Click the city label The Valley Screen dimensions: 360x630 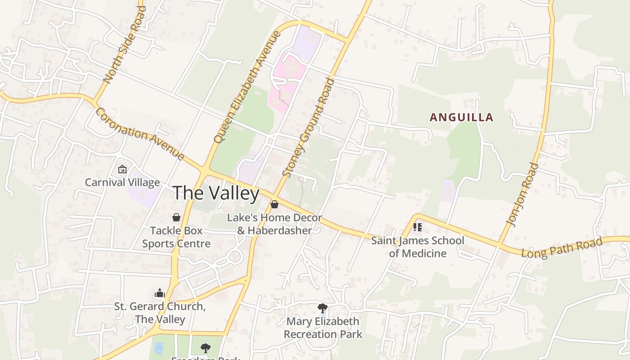pos(216,193)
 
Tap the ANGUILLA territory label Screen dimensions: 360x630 pos(461,117)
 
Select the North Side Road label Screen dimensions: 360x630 pos(123,44)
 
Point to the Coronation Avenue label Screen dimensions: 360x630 pos(140,134)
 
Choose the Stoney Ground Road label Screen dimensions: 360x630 pos(309,127)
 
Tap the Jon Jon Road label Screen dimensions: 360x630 pos(522,194)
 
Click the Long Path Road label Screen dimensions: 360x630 pos(562,248)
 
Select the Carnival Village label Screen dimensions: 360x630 pos(122,182)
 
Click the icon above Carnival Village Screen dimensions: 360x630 pos(122,170)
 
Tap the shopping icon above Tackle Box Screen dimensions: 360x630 pos(176,218)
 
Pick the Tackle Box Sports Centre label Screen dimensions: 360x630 pos(176,237)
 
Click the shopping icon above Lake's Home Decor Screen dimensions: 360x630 pos(274,205)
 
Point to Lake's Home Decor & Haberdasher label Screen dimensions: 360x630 pos(274,224)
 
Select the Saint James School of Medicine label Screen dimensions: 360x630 pos(418,247)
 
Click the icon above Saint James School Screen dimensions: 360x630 pos(417,227)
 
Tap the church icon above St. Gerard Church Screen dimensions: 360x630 pos(159,294)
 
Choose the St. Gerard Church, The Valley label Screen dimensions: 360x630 pos(160,313)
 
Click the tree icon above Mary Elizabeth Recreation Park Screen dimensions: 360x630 pos(322,308)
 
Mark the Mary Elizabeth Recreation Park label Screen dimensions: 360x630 pos(323,328)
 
